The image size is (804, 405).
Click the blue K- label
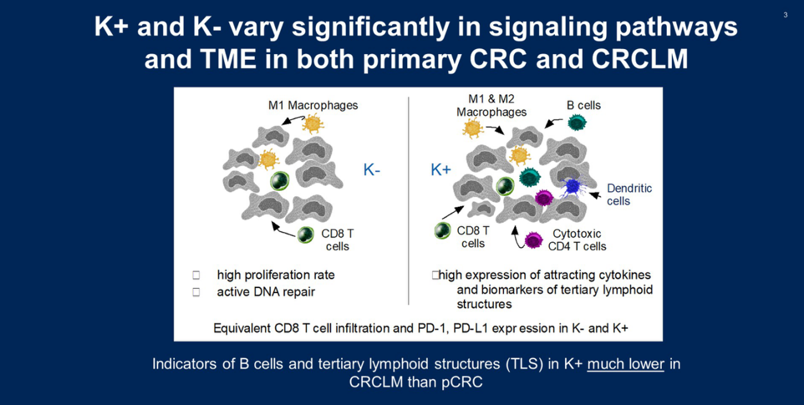[x=371, y=170]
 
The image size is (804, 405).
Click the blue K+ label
[x=441, y=170]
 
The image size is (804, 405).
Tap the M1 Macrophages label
[x=313, y=105]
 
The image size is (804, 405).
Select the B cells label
[x=583, y=105]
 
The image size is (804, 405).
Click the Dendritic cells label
[x=629, y=194]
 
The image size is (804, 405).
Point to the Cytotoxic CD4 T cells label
[x=577, y=240]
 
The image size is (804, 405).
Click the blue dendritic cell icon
[x=573, y=187]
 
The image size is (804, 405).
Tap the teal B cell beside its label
[x=577, y=122]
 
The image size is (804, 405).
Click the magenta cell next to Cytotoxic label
[x=534, y=240]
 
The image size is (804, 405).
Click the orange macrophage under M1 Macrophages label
[x=313, y=124]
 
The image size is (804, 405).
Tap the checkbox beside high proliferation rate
[x=196, y=275]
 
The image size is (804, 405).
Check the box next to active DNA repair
[x=196, y=292]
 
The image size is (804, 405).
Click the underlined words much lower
[x=626, y=364]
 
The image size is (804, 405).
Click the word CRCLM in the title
[x=639, y=59]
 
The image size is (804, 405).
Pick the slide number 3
[x=785, y=15]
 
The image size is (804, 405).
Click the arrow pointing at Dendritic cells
[x=595, y=195]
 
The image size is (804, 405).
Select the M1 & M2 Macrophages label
[x=491, y=106]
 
